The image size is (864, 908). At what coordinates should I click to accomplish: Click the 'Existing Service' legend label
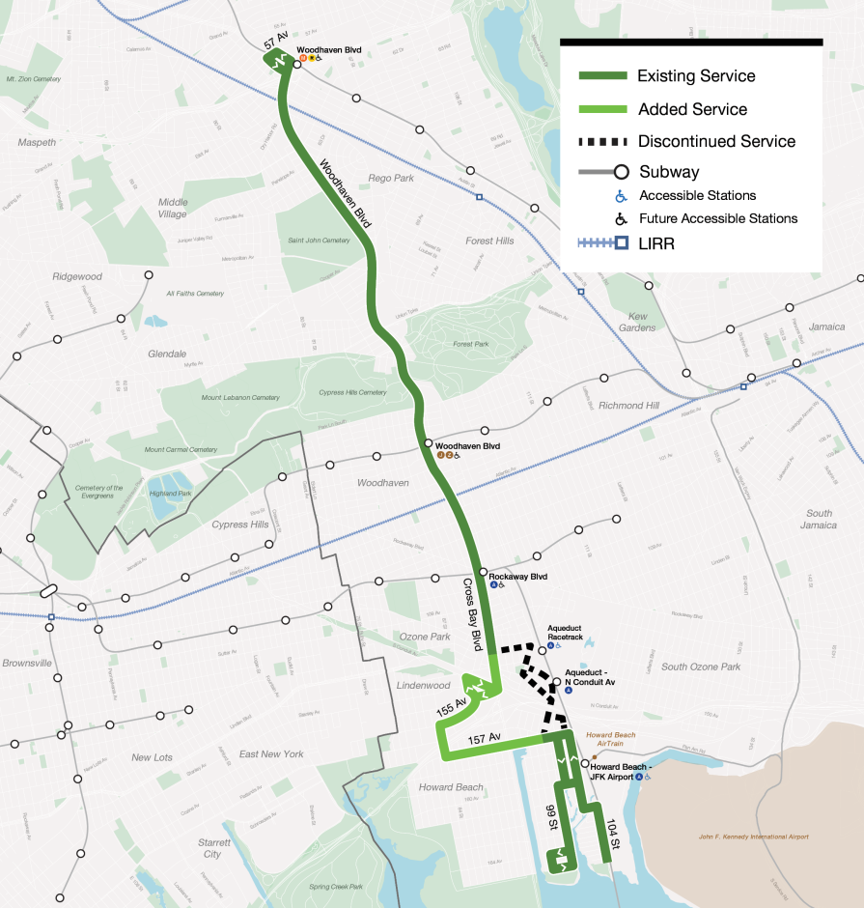(x=696, y=76)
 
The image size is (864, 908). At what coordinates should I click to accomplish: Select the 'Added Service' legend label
(x=692, y=109)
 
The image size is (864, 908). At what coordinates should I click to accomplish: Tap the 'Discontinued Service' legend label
(x=716, y=141)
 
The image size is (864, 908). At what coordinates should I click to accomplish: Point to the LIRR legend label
(x=655, y=244)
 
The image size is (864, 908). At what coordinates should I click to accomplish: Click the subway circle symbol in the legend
(x=623, y=173)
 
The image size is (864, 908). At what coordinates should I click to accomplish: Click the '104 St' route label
(x=614, y=832)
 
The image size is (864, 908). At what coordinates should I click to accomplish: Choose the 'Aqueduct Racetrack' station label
(x=565, y=633)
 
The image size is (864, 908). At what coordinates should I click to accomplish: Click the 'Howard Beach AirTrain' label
(x=611, y=739)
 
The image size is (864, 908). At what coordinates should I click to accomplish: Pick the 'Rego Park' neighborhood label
(x=390, y=178)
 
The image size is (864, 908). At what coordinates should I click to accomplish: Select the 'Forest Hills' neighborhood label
(x=489, y=241)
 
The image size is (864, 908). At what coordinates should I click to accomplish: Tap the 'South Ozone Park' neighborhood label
(x=700, y=667)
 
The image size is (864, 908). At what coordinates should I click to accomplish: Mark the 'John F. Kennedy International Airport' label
(x=755, y=837)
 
